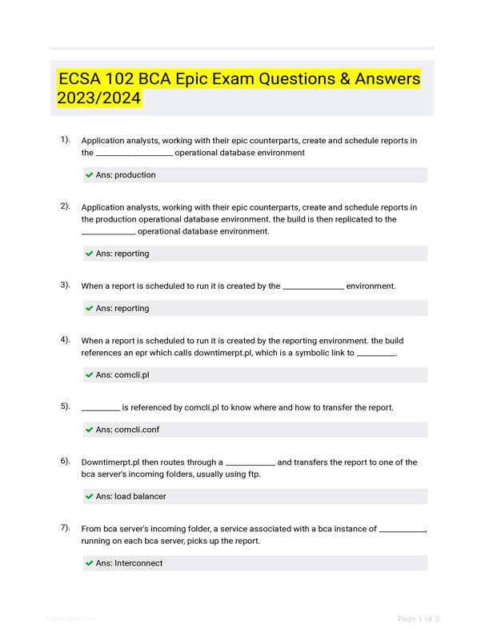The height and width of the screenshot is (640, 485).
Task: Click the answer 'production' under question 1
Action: (134, 175)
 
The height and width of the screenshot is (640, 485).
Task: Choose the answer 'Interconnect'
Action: (138, 563)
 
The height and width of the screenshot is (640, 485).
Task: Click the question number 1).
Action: (65, 140)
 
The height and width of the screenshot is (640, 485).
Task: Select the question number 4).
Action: (65, 339)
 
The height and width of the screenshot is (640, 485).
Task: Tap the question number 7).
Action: (65, 528)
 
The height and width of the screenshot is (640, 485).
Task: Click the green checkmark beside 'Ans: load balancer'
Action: (89, 497)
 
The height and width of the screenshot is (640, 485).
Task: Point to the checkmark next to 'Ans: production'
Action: (89, 175)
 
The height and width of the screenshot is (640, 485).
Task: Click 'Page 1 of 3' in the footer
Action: (418, 618)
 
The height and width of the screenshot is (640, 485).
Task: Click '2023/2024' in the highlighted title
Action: (98, 99)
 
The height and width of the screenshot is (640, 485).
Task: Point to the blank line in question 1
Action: (134, 154)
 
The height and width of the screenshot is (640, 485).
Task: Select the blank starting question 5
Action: (100, 408)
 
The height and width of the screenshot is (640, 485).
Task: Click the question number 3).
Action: (65, 285)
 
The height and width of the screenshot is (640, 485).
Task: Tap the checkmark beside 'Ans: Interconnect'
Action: (89, 563)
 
